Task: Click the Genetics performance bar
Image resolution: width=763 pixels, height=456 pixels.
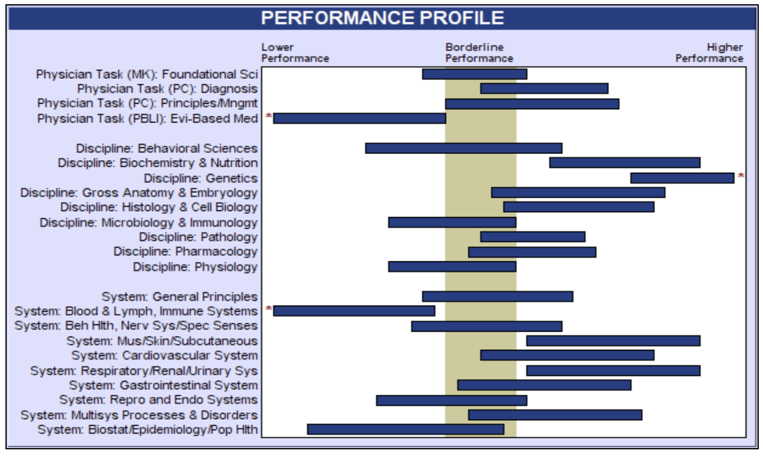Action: (x=682, y=178)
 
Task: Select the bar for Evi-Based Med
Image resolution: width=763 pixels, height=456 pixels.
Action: (x=360, y=118)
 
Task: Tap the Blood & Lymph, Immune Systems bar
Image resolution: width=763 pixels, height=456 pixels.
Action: (x=354, y=310)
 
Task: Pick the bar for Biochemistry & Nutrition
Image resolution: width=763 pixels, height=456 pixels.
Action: (x=625, y=163)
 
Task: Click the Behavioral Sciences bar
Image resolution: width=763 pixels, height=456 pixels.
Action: (x=464, y=148)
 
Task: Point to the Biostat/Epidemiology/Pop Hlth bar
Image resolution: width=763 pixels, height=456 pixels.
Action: (x=406, y=429)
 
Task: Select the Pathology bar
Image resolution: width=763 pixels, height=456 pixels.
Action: (x=533, y=236)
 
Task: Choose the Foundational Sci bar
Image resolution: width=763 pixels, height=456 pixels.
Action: (x=475, y=74)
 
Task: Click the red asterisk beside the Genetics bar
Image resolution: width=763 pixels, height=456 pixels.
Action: (x=741, y=176)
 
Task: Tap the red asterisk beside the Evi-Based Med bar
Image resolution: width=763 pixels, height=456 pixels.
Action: (x=269, y=116)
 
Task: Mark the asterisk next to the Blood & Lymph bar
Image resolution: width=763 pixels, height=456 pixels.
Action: (x=269, y=309)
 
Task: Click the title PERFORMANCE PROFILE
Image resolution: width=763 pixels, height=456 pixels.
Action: (x=382, y=18)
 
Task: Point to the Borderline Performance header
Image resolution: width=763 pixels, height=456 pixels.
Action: (x=479, y=53)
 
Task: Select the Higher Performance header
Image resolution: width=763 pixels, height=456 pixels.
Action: (x=710, y=53)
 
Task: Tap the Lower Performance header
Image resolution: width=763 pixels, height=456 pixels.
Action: (x=295, y=53)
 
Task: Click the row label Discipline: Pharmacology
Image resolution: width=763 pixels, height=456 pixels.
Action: (x=186, y=252)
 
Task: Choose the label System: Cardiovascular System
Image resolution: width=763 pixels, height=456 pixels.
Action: (x=165, y=355)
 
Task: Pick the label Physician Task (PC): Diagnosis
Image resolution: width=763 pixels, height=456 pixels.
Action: (x=168, y=89)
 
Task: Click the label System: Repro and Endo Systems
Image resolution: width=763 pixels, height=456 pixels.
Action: (x=159, y=400)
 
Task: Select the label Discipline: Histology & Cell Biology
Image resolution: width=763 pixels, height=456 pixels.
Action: (x=159, y=207)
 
